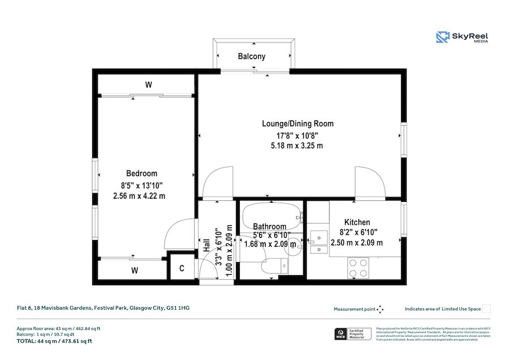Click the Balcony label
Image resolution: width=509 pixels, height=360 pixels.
click(252, 57)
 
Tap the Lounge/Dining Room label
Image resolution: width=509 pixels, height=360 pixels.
click(297, 123)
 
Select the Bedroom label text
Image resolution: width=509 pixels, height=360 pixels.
click(141, 173)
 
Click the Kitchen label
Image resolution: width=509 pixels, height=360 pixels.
click(357, 222)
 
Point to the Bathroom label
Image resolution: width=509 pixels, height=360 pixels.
click(270, 226)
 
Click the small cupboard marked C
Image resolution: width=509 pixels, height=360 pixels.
click(182, 269)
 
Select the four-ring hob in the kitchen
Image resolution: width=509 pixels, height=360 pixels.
click(356, 267)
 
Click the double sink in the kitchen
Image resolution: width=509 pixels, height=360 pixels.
click(319, 242)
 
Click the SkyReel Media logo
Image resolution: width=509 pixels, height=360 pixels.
click(462, 38)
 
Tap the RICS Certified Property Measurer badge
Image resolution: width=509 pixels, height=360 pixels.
click(351, 334)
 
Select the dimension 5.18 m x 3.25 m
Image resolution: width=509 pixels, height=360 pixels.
click(297, 145)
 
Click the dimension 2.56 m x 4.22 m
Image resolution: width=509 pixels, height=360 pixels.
click(140, 196)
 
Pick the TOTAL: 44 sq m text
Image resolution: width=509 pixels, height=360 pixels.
click(54, 341)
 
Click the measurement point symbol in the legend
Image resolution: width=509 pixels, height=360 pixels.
click(380, 309)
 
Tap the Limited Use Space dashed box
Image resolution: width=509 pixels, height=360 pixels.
click(486, 308)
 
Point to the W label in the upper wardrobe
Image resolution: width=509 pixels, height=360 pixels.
click(148, 85)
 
